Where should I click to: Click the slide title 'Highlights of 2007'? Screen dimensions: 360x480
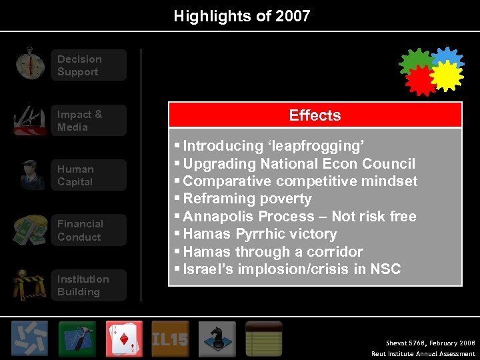242,16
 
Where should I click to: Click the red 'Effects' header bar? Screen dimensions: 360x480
315,115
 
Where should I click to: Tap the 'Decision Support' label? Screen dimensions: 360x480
79,65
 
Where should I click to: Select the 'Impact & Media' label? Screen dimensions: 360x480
80,121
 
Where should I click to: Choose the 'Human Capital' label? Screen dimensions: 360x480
75,175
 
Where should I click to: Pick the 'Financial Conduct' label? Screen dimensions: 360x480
80,231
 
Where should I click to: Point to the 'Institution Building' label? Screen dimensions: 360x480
83,285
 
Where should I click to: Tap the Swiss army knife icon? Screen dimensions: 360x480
30,120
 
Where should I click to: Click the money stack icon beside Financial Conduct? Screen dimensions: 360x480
31,230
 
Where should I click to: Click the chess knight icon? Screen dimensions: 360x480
217,339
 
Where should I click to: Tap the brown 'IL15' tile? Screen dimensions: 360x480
170,339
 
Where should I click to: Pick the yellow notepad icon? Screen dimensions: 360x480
263,339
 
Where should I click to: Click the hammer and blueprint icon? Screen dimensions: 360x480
77,339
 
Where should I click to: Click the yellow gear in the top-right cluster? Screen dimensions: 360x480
445,75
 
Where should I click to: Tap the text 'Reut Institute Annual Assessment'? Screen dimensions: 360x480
423,354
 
